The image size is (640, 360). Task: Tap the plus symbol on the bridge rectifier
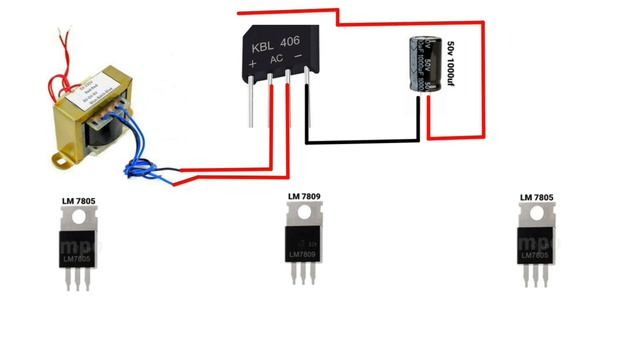[x=253, y=63]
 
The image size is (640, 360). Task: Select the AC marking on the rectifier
[x=278, y=60]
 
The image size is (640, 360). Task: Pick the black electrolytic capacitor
[x=422, y=66]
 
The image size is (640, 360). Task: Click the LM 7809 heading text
[x=307, y=196]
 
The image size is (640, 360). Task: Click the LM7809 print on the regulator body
[x=305, y=255]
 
